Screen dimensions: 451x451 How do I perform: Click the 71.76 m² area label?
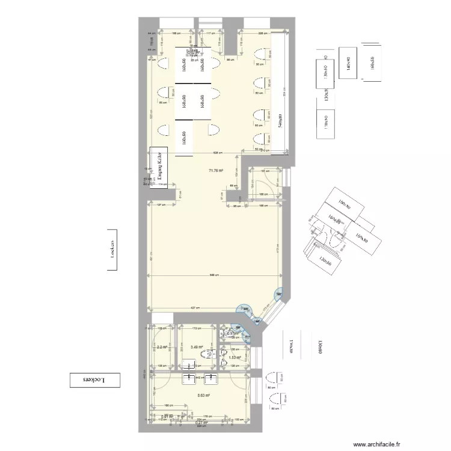216,171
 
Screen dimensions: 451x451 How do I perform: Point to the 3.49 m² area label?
197,347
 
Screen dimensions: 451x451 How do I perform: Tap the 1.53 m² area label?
235,358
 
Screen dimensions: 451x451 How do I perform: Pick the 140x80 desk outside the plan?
347,63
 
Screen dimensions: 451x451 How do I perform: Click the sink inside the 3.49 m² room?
188,364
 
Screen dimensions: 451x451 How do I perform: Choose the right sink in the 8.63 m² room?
210,379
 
